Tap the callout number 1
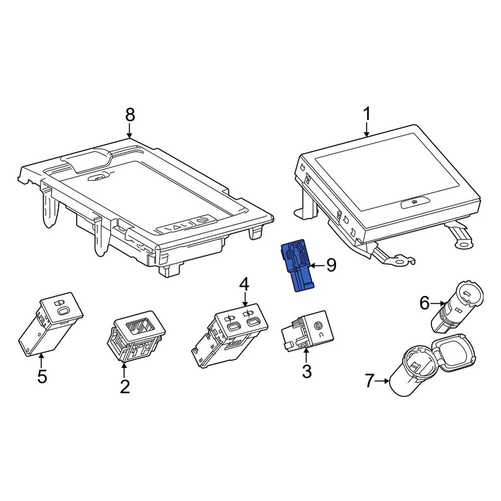tap(367, 114)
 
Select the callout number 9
tap(331, 265)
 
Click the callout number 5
tap(42, 376)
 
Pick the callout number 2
tap(124, 387)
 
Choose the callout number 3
tap(307, 371)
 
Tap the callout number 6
tap(424, 303)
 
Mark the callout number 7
tap(369, 381)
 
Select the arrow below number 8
tap(129, 131)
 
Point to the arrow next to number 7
tap(382, 381)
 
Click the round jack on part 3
tap(318, 326)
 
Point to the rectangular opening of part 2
tap(140, 327)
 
